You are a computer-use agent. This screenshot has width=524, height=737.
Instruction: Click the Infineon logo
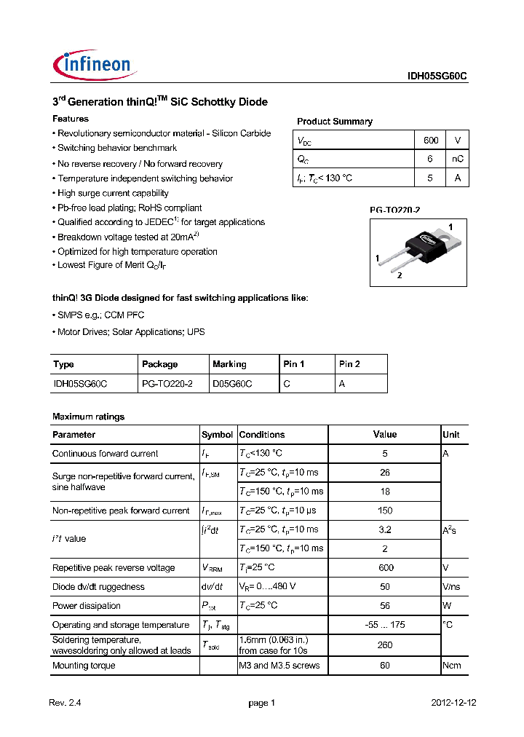click(x=92, y=65)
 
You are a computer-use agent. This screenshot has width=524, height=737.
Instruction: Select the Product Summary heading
click(x=334, y=122)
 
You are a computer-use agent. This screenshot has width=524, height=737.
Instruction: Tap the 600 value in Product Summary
click(x=431, y=140)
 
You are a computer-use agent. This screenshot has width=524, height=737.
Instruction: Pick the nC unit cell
click(x=457, y=159)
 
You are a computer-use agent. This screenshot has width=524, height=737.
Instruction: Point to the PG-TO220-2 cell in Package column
click(x=167, y=383)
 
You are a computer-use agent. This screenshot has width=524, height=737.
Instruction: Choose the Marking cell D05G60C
click(x=232, y=383)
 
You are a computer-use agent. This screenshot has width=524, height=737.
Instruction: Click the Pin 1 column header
click(x=293, y=364)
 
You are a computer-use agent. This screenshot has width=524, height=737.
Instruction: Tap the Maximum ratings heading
click(x=88, y=417)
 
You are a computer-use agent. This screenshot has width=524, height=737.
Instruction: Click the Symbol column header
click(x=217, y=435)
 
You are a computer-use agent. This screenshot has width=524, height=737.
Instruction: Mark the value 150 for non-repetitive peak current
click(x=385, y=511)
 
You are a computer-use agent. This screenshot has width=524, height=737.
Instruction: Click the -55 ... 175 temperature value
click(x=385, y=625)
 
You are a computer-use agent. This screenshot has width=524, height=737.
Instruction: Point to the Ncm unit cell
click(x=451, y=666)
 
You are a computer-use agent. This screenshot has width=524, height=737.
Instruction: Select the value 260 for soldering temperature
click(x=385, y=645)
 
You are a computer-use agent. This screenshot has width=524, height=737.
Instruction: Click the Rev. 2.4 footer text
click(x=67, y=703)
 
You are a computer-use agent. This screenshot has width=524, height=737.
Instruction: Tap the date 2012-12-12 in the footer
click(x=453, y=703)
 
